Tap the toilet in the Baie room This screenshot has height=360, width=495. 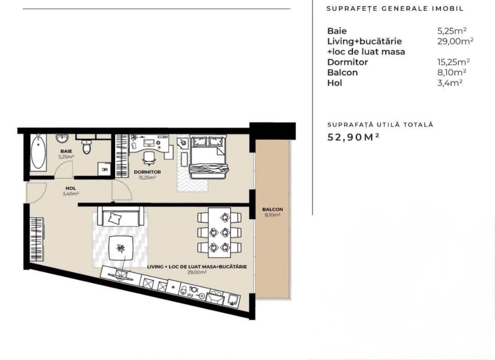(x=87, y=146)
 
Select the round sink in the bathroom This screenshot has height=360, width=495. (x=62, y=138)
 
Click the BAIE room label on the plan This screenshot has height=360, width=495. (x=66, y=151)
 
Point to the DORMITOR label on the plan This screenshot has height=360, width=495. (x=147, y=172)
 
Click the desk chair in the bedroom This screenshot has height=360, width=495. (x=149, y=158)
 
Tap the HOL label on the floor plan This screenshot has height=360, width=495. (x=71, y=188)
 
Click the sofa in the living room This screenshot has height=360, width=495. (x=121, y=216)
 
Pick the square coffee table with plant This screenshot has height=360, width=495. (x=121, y=248)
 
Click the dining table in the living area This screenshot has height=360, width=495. (x=219, y=233)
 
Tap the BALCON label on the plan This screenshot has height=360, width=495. (x=273, y=209)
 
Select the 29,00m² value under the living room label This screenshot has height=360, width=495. (x=197, y=272)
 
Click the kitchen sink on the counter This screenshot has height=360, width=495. (x=215, y=298)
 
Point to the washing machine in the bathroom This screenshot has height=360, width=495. (x=104, y=169)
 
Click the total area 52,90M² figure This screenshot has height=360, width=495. (x=353, y=137)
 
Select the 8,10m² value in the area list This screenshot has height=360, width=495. (x=452, y=72)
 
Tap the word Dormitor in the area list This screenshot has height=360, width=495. (x=348, y=62)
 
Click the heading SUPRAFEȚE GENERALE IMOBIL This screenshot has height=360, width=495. (x=395, y=9)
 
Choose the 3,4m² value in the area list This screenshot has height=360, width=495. (x=450, y=83)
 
